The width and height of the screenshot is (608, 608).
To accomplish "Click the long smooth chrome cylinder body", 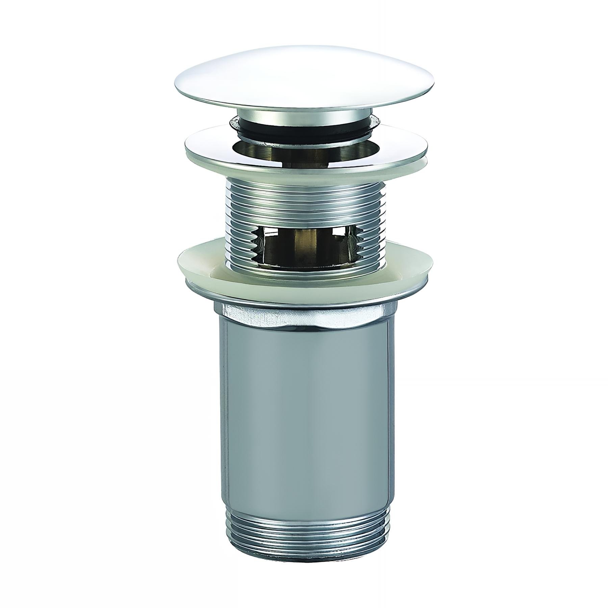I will click(304, 422).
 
